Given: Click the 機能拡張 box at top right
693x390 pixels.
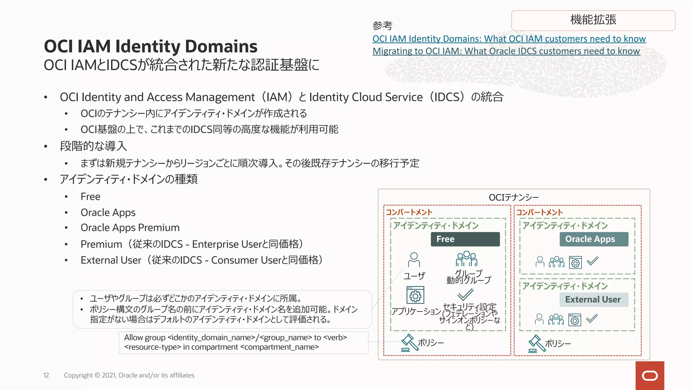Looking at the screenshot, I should [593, 20].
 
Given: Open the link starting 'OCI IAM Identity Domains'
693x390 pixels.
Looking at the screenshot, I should [509, 39].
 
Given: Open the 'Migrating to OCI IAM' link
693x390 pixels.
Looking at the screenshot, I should [506, 51].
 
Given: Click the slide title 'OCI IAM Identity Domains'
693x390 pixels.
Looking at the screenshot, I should [151, 46].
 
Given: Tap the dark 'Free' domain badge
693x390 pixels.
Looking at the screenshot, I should [465, 239].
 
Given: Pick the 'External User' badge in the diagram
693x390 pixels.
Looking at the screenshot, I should [594, 300].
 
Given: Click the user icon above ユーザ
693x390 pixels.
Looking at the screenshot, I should [414, 260].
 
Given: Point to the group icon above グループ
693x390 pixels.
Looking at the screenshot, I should [467, 259].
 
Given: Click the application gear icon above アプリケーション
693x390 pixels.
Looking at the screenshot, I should [415, 296].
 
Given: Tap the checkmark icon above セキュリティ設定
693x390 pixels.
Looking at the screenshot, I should [465, 295].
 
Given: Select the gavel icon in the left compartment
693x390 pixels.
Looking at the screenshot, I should [409, 343].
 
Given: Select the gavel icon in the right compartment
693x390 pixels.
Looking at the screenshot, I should [536, 343].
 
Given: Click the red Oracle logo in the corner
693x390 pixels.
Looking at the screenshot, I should [650, 375].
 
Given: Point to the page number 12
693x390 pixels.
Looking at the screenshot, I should [46, 375].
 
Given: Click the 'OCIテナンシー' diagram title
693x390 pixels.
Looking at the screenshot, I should [514, 197].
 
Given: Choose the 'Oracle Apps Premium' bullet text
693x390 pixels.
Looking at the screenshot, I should [130, 228].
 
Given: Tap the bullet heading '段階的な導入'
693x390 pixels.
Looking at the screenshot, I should [93, 146].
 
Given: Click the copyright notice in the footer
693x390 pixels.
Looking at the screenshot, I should [129, 375].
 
